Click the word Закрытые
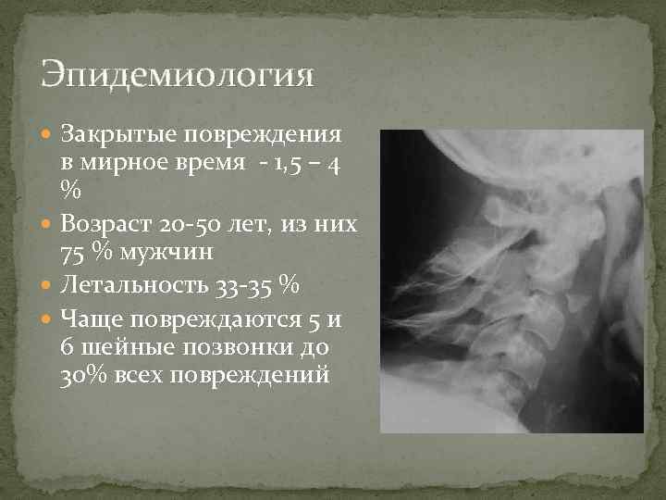(117, 134)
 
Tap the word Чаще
(90, 320)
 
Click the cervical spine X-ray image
(512, 281)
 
